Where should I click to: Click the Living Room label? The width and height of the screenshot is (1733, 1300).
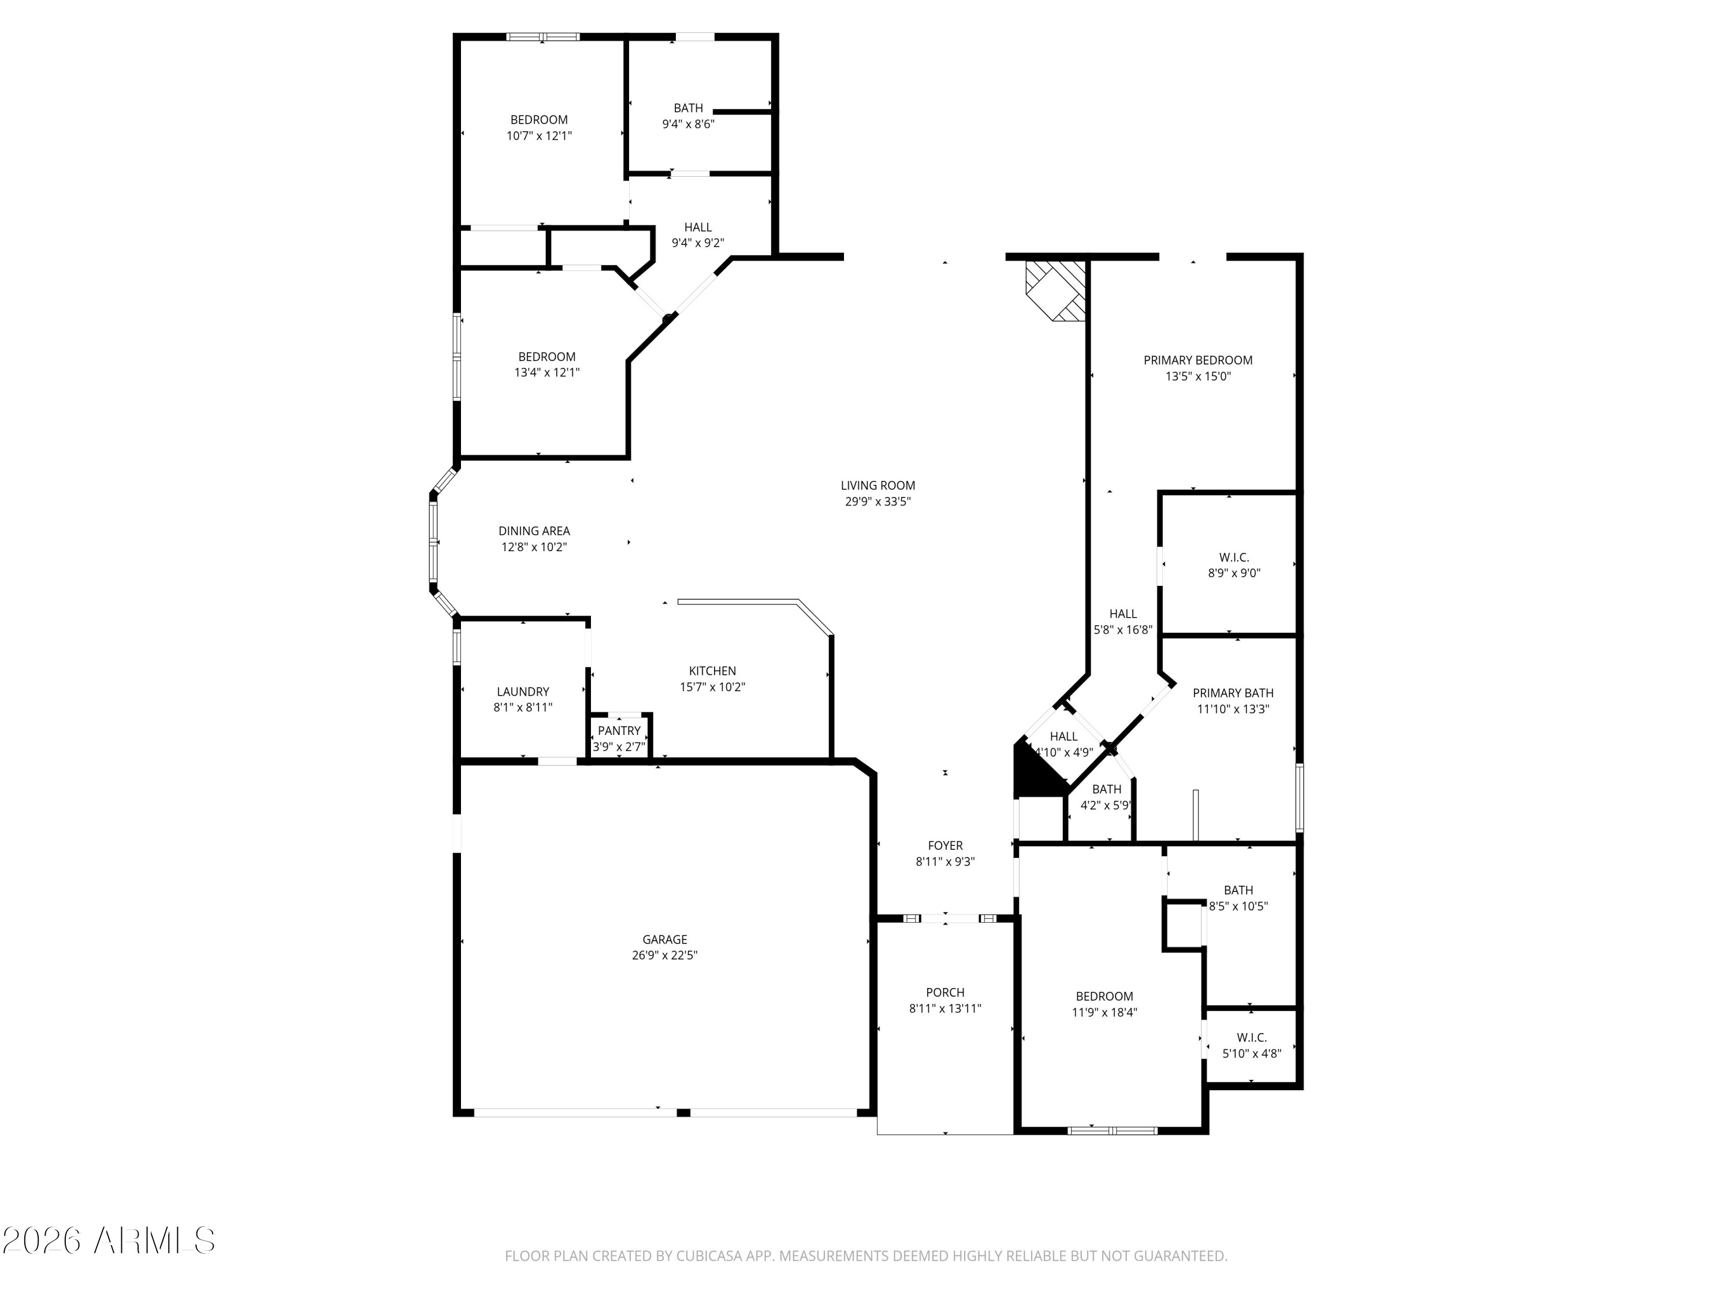pyautogui.click(x=877, y=486)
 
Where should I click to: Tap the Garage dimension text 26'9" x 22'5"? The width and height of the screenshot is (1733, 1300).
pyautogui.click(x=664, y=955)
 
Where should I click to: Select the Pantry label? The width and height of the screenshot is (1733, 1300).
pyautogui.click(x=619, y=731)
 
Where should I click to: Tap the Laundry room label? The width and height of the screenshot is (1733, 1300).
pyautogui.click(x=523, y=692)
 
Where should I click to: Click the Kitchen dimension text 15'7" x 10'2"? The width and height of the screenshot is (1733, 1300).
pyautogui.click(x=712, y=687)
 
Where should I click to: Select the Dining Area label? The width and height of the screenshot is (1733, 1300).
pyautogui.click(x=534, y=532)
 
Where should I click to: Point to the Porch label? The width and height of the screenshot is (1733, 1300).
pyautogui.click(x=945, y=993)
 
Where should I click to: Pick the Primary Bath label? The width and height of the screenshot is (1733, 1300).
pyautogui.click(x=1232, y=693)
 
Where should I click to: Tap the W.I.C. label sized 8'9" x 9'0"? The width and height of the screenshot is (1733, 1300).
pyautogui.click(x=1234, y=558)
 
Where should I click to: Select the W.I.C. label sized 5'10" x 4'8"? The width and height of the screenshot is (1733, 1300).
pyautogui.click(x=1252, y=1038)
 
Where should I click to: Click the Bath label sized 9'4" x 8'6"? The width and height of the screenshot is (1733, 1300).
pyautogui.click(x=688, y=108)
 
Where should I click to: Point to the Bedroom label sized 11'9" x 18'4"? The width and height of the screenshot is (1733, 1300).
pyautogui.click(x=1104, y=997)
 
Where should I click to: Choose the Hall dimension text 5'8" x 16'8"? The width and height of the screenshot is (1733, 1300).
pyautogui.click(x=1122, y=629)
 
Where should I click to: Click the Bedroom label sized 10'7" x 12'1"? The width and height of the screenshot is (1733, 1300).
pyautogui.click(x=539, y=120)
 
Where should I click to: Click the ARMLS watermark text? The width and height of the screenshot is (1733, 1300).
pyautogui.click(x=154, y=1240)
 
